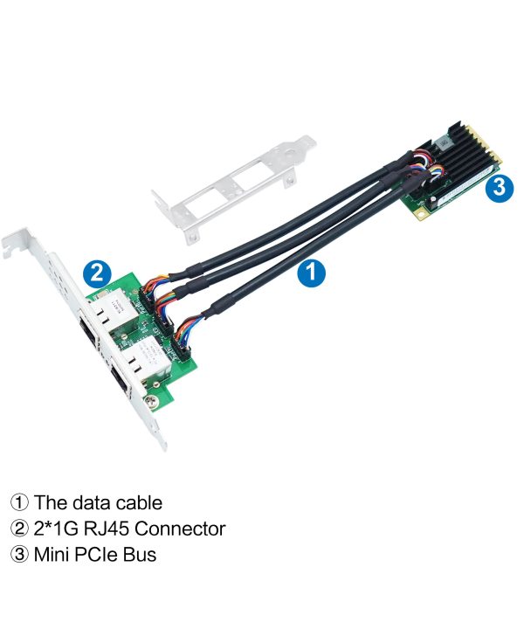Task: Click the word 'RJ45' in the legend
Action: pos(110,529)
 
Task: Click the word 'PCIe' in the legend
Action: pos(100,554)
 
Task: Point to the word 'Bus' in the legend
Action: pos(141,554)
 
